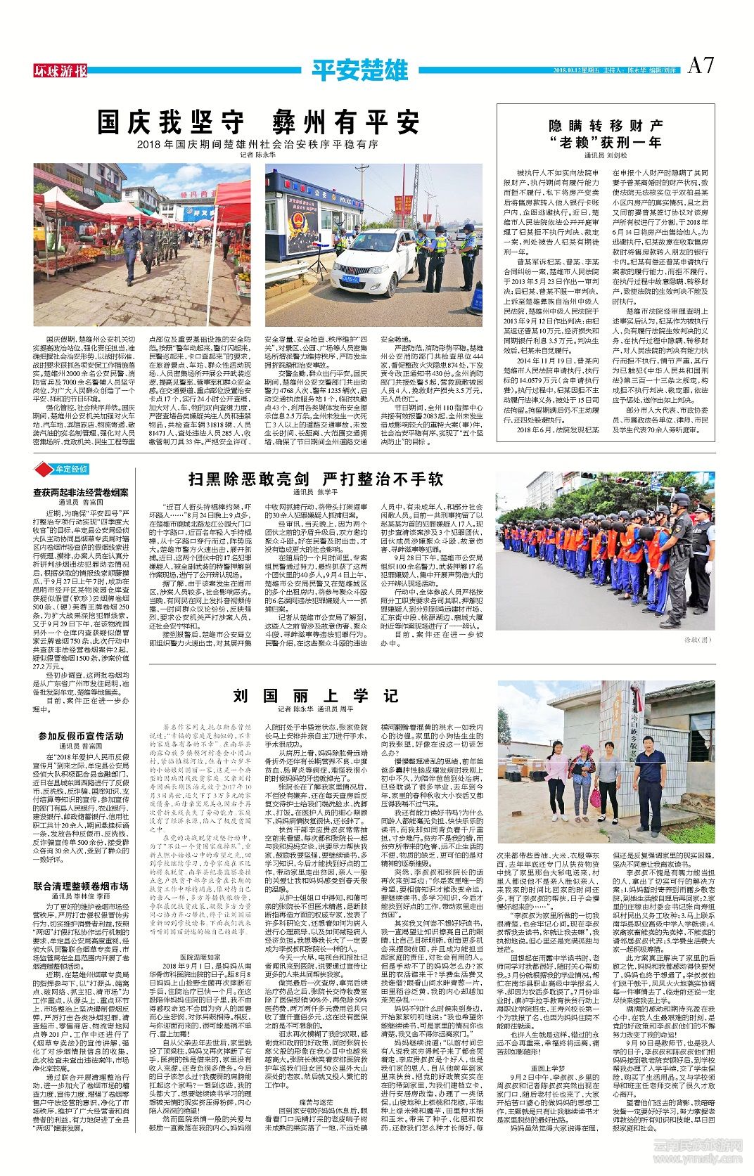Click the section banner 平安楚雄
[359, 70]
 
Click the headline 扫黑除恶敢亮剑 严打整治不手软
[316, 479]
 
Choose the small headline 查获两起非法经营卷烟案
[81, 493]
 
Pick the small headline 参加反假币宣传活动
[81, 735]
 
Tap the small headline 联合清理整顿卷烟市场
[81, 886]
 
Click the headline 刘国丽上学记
[316, 695]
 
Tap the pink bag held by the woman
[596, 798]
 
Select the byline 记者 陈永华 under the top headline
[257, 154]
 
